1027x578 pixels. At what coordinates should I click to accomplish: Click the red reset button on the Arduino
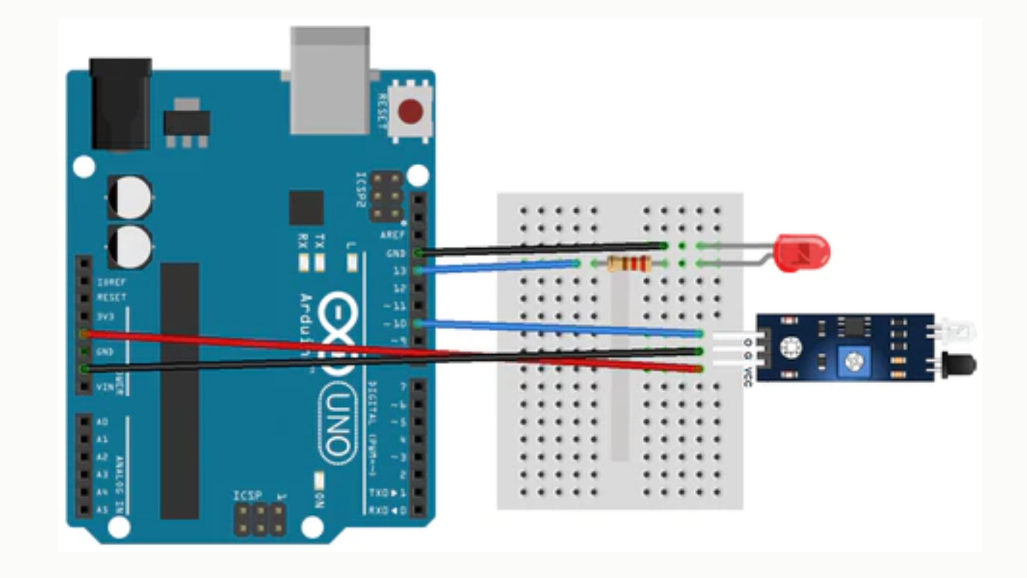pyautogui.click(x=410, y=111)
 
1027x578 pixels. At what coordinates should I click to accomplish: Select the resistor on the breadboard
pyautogui.click(x=629, y=264)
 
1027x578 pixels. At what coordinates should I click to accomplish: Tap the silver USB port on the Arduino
pyautogui.click(x=330, y=80)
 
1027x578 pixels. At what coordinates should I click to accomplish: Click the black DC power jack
pyautogui.click(x=120, y=104)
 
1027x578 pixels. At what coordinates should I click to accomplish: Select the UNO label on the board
pyautogui.click(x=338, y=423)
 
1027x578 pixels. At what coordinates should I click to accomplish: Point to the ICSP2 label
pyautogui.click(x=361, y=190)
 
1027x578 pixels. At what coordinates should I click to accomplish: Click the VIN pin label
pyautogui.click(x=105, y=386)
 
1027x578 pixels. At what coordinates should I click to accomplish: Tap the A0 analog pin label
pyautogui.click(x=102, y=422)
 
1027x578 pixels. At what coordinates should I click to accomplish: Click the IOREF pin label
pyautogui.click(x=111, y=282)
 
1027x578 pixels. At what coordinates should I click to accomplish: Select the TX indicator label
pyautogui.click(x=320, y=241)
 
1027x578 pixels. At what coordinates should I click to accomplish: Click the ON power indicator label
pyautogui.click(x=319, y=501)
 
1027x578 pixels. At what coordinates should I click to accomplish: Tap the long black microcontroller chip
pyautogui.click(x=180, y=391)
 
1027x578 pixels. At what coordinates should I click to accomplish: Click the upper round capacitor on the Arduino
pyautogui.click(x=130, y=197)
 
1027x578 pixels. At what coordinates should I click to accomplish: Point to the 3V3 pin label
pyautogui.click(x=105, y=317)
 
